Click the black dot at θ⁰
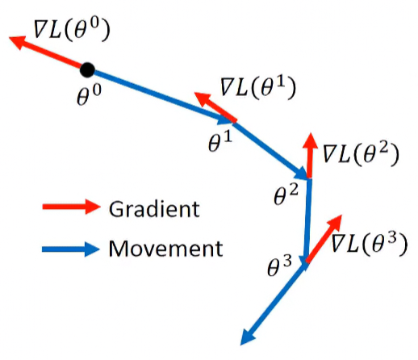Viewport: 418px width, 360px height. [x=87, y=70]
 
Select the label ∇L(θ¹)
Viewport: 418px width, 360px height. [x=258, y=87]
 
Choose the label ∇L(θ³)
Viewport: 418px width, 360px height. [x=369, y=243]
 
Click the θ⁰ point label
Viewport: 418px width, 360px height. [x=89, y=94]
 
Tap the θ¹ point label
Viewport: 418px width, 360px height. [x=220, y=141]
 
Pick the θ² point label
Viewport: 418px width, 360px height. [x=286, y=195]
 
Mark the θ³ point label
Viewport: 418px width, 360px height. [x=279, y=266]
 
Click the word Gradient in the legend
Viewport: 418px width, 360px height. [x=154, y=209]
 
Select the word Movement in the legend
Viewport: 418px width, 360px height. [x=165, y=249]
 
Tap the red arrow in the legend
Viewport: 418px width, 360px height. [x=71, y=207]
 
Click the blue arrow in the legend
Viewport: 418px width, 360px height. [x=71, y=249]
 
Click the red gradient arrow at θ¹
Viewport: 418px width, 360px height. [x=215, y=107]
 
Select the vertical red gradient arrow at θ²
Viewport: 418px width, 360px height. [x=310, y=156]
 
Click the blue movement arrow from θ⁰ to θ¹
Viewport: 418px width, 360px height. [x=161, y=97]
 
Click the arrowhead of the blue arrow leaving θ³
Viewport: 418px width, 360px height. [x=248, y=337]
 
